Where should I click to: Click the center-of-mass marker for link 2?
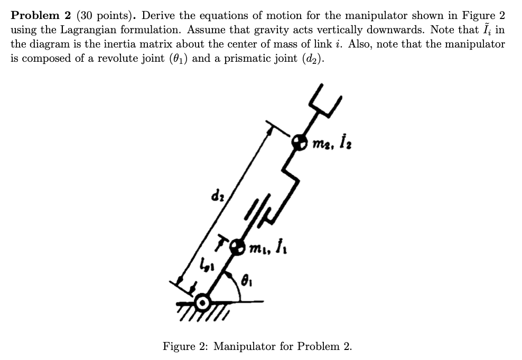(300, 141)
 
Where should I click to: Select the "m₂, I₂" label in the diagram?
(331, 141)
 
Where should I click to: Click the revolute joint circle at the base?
(202, 303)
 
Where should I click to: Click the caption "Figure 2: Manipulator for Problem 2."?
(257, 346)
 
